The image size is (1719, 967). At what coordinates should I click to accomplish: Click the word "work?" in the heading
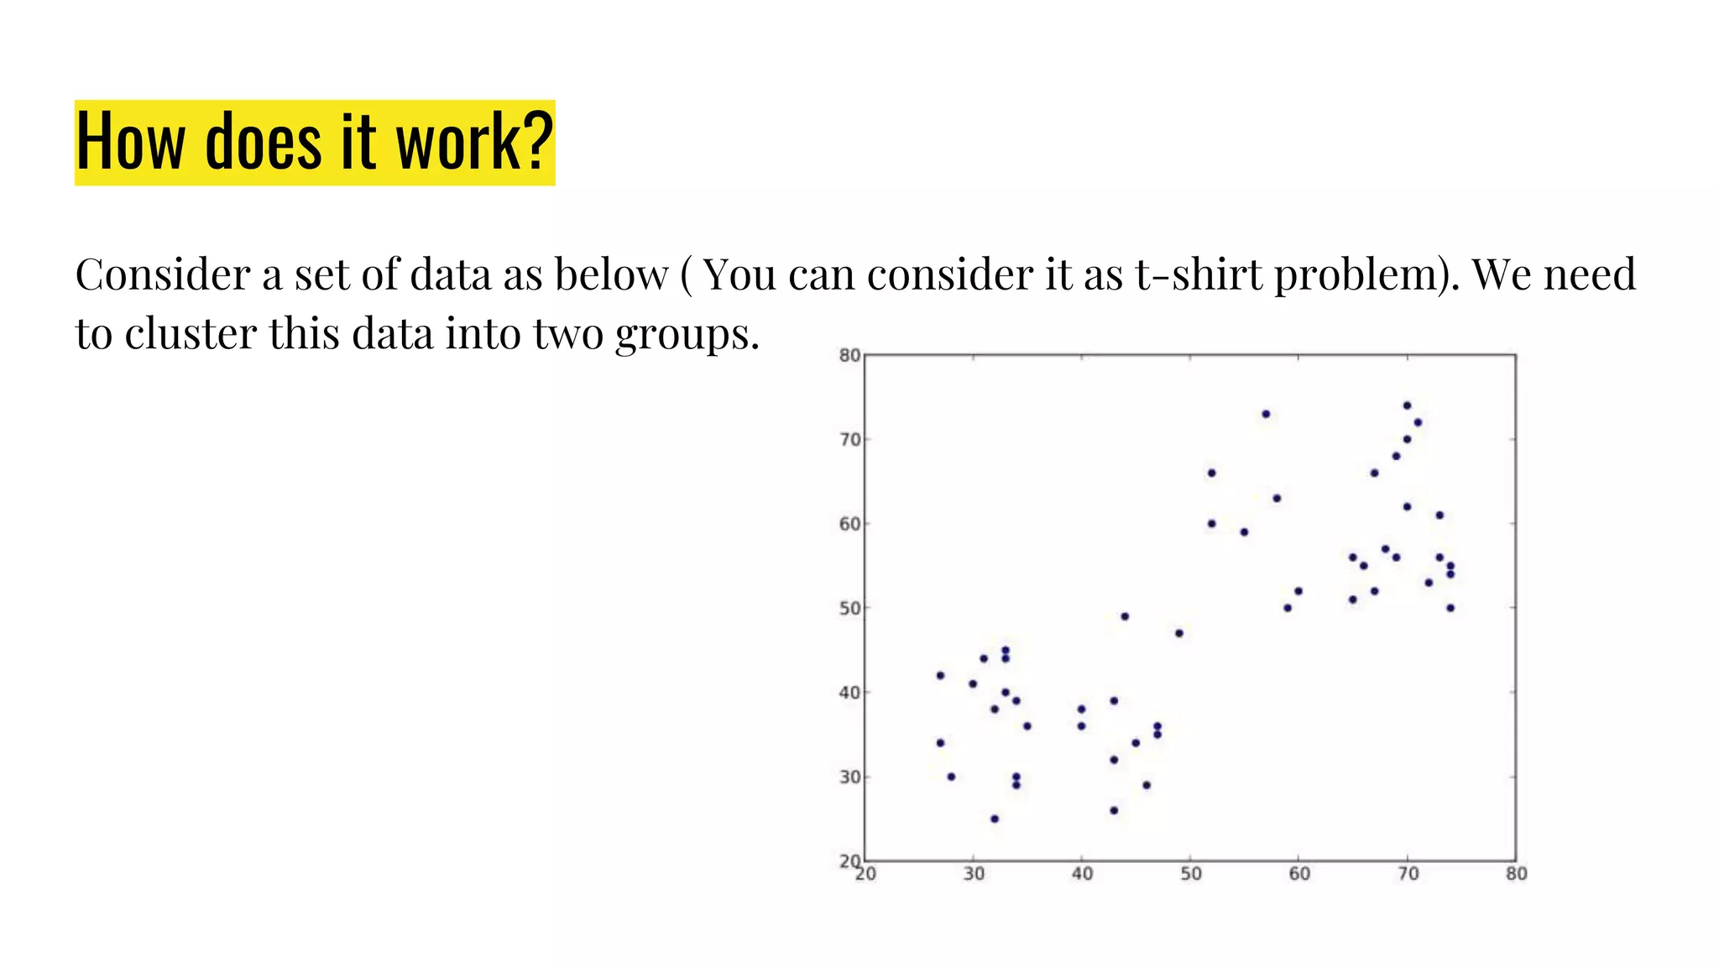tap(474, 142)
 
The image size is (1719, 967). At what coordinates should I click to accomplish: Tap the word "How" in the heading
tap(130, 142)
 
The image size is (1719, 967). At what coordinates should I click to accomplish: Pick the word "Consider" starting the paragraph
tap(163, 274)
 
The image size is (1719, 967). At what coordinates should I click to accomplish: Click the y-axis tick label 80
tap(849, 355)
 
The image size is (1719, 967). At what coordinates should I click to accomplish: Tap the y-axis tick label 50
tap(849, 608)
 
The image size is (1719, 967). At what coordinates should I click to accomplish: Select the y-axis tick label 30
tap(849, 776)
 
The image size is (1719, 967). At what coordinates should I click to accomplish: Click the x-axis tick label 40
tap(1082, 874)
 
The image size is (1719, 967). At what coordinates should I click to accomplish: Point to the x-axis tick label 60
tap(1299, 874)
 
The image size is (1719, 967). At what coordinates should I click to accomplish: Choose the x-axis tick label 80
tap(1516, 874)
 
